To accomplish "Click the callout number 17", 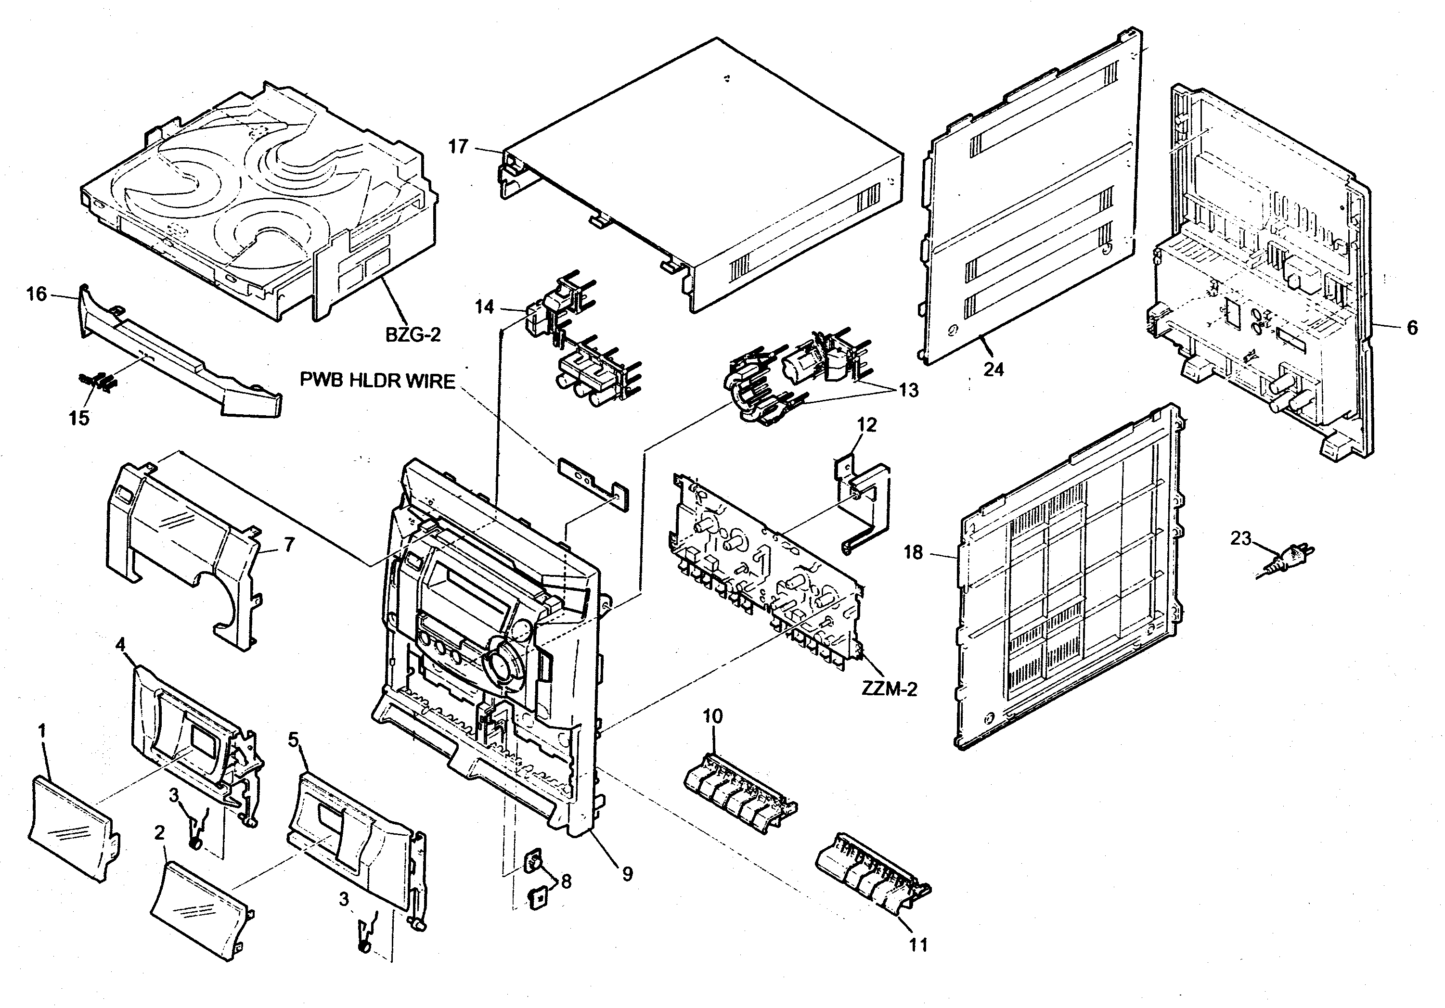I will click(458, 147).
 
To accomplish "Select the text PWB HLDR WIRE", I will click(377, 381).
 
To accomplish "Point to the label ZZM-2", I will click(889, 689).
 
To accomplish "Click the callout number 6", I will click(1412, 327).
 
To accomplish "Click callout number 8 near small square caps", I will click(566, 881).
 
